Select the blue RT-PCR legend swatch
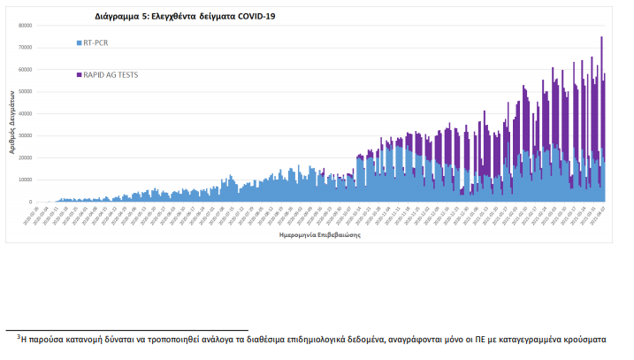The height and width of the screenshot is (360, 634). pos(79,42)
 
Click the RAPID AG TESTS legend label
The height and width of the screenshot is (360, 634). pos(111,75)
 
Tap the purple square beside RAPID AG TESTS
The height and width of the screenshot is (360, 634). pos(79,75)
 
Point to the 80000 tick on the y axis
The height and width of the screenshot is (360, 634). pos(26,25)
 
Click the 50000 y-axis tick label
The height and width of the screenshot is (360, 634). pos(26,91)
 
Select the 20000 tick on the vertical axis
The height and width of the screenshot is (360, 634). pos(26,157)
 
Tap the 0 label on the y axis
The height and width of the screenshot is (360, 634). pos(30,202)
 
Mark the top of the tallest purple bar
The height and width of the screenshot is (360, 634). pos(601,37)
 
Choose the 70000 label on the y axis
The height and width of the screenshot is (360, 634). pos(26,47)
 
